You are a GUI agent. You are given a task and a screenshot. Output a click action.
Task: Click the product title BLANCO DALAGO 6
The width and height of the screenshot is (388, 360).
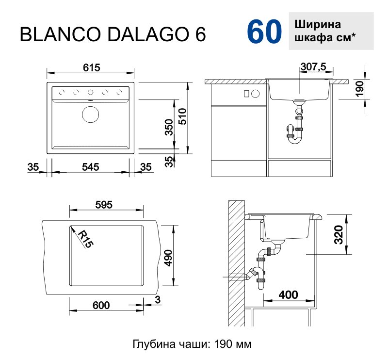112,35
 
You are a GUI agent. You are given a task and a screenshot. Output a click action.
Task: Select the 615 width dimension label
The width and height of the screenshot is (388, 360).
91,68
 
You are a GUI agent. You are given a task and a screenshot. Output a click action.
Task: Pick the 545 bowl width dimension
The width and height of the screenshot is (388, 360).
90,167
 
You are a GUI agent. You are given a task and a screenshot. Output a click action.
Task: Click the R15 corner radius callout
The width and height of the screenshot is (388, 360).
84,239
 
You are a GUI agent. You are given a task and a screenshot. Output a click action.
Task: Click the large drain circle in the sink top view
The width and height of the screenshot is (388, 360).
90,115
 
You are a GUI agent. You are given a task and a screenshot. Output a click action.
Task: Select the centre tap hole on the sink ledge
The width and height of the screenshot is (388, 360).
90,92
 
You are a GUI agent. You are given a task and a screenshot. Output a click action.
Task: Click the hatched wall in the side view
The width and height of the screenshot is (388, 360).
236,262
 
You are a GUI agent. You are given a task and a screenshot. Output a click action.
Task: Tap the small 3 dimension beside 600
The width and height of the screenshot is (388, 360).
157,300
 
